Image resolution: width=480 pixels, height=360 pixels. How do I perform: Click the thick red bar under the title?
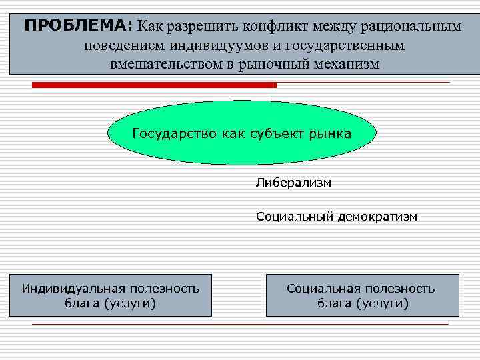(x=154, y=85)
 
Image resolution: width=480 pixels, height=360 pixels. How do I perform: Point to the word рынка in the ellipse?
(x=331, y=133)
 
